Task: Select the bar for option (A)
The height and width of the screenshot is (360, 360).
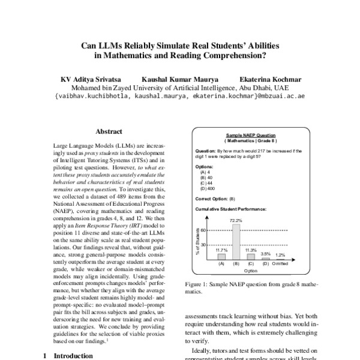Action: point(221,256)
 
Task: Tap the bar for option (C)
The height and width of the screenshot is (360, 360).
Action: point(251,256)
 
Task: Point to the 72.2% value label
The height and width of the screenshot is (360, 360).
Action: point(236,220)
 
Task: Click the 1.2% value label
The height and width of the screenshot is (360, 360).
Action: point(280,255)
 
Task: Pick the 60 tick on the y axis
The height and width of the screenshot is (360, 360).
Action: point(203,230)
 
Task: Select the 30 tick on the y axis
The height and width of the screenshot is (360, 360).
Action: point(203,245)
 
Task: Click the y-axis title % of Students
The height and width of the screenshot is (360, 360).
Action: point(197,241)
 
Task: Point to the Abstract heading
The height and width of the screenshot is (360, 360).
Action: point(109,131)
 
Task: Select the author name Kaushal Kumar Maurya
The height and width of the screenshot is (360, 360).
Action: point(179,79)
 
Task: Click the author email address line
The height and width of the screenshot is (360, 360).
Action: point(179,96)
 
